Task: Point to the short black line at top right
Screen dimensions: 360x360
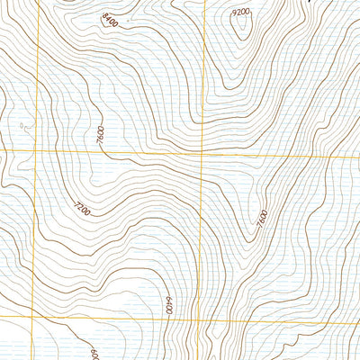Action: [312, 3]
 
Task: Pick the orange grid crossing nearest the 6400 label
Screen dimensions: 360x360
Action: [208, 321]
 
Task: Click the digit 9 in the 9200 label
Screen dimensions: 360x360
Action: [234, 12]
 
